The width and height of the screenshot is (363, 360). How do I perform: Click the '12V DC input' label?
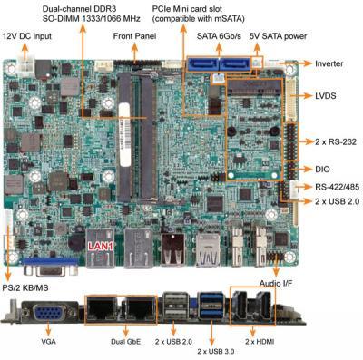coord(27,36)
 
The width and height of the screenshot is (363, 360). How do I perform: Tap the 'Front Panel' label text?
coord(134,36)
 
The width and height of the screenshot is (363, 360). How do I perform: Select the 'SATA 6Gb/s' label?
coord(219,36)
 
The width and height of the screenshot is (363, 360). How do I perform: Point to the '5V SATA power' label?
coord(278,36)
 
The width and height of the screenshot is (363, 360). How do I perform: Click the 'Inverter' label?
coord(329,63)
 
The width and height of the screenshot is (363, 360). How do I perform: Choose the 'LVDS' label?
coord(326,96)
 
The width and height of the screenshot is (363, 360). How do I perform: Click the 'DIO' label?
coord(322,170)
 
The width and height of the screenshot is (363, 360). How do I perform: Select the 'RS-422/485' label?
coord(338,187)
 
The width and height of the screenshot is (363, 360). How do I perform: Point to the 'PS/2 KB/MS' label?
coord(25,287)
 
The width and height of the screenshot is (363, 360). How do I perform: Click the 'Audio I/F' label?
coord(276,284)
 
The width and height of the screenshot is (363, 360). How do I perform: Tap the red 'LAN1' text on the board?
coord(101,247)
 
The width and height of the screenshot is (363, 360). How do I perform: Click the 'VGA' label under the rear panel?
coord(48,342)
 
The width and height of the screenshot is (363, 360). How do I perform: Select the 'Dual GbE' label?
coord(125,342)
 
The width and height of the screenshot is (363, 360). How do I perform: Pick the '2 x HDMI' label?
coord(260,342)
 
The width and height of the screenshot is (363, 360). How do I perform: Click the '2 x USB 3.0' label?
coord(216,352)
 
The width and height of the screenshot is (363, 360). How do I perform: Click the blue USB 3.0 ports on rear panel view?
coord(211,306)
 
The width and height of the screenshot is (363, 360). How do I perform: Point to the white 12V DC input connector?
coord(27,65)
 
